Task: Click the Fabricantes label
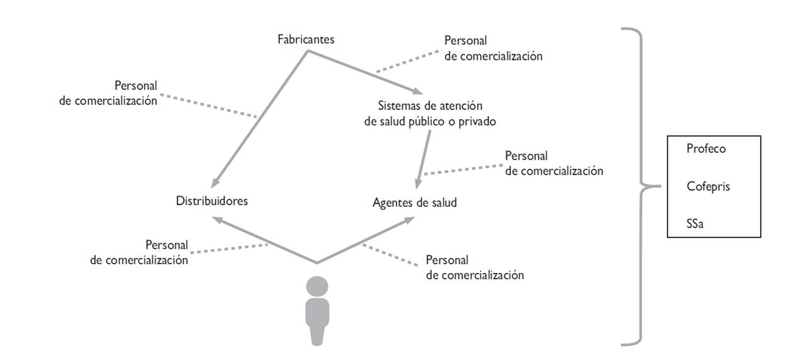pyautogui.click(x=306, y=40)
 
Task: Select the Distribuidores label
pyautogui.click(x=212, y=202)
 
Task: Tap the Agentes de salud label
pyautogui.click(x=414, y=203)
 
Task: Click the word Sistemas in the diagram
pyautogui.click(x=398, y=106)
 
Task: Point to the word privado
pyautogui.click(x=477, y=122)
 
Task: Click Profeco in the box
pyautogui.click(x=707, y=149)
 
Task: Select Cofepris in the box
pyautogui.click(x=709, y=187)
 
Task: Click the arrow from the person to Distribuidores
pyautogui.click(x=265, y=240)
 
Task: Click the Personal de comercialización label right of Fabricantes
pyautogui.click(x=493, y=48)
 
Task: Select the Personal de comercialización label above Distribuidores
pyautogui.click(x=108, y=93)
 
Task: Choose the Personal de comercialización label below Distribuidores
pyautogui.click(x=139, y=252)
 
